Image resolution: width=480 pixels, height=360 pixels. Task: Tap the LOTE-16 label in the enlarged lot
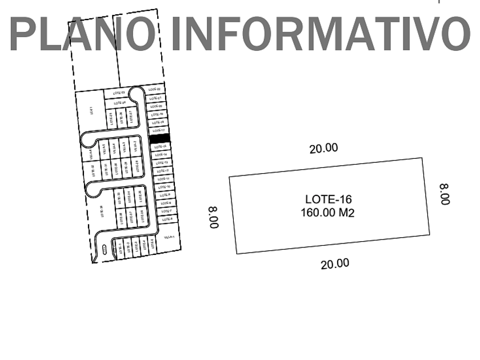tap(328, 199)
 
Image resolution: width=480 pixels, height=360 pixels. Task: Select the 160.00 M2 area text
tap(328, 212)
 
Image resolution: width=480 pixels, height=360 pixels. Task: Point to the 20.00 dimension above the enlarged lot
tap(323, 149)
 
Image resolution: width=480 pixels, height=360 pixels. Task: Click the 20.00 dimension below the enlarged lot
tap(335, 263)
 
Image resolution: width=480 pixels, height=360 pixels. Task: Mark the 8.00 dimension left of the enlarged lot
tap(214, 218)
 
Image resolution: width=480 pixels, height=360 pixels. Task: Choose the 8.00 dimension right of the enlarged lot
tap(445, 194)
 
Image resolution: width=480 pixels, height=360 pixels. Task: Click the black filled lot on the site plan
tap(159, 138)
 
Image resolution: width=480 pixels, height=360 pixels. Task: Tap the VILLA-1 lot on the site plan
tap(169, 237)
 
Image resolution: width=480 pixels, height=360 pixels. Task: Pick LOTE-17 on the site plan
tap(158, 130)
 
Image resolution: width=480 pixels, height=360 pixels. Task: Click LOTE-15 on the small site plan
tap(161, 147)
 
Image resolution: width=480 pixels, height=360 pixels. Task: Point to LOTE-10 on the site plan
tap(165, 187)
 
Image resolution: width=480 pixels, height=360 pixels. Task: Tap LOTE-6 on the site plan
tap(167, 219)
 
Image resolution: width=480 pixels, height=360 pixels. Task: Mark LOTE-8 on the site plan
tap(166, 203)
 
